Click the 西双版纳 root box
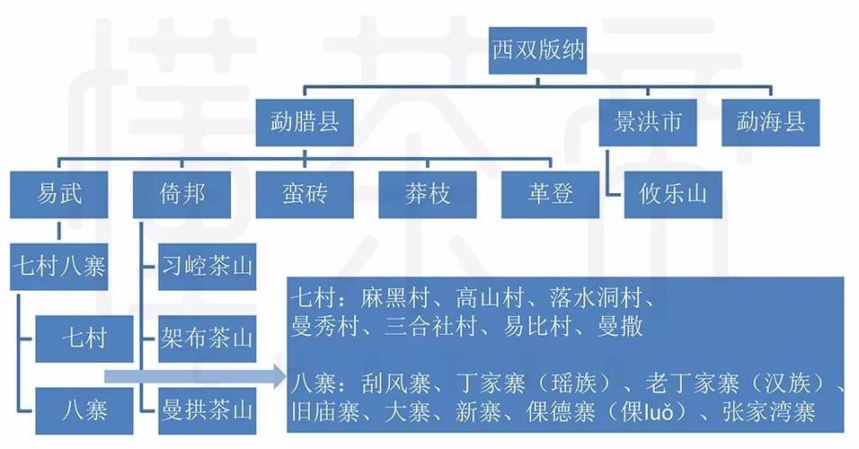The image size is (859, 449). pos(537,50)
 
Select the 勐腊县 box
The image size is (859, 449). pos(305,122)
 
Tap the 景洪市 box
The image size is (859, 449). pos(648,122)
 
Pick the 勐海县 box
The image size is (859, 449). pos(770,122)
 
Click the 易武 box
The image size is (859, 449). pos(58,194)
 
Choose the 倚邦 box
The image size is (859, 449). pos(182,194)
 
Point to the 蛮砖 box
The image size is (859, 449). pos(305,194)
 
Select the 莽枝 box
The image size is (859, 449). pos(428,194)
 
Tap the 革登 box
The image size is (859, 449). pos(550,194)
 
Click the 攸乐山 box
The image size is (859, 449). pos(673,194)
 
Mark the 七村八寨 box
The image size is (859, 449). pos(58,267)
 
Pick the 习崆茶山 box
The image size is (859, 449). pos(207,267)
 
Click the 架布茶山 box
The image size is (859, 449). pos(207,339)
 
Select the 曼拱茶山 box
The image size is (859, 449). pos(207,411)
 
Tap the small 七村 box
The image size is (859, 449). pos(84,339)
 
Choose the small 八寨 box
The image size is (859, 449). pos(84,411)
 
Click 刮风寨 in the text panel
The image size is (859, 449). pos(395,383)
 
